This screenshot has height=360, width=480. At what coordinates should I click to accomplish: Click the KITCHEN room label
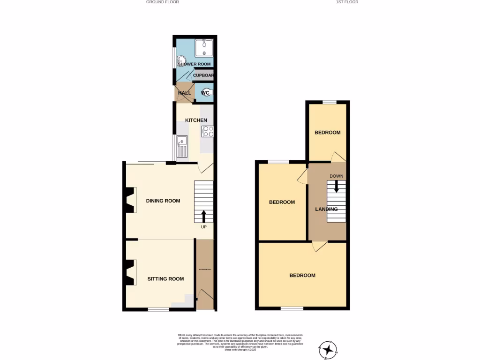tap(196, 120)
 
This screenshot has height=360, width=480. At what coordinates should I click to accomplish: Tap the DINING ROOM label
tap(163, 201)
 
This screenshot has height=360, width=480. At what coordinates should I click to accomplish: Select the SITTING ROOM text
tap(165, 279)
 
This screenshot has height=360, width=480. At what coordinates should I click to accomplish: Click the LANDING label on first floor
tap(326, 210)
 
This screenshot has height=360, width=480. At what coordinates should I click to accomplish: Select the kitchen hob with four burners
tap(208, 131)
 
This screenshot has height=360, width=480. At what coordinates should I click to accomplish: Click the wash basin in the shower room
tap(180, 60)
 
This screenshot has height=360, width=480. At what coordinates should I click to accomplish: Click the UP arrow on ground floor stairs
tap(204, 216)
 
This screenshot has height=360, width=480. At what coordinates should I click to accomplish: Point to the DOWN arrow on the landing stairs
tap(337, 186)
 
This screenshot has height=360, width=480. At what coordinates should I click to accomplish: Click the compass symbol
tap(328, 350)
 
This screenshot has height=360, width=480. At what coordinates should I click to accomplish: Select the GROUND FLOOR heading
tap(163, 2)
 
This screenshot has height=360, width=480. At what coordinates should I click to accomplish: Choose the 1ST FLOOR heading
tap(347, 2)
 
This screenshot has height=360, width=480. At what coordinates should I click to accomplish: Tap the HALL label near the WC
tap(184, 93)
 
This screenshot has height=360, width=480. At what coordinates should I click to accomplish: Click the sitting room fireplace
tap(130, 273)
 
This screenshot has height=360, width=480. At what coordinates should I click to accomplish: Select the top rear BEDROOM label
tap(327, 133)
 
